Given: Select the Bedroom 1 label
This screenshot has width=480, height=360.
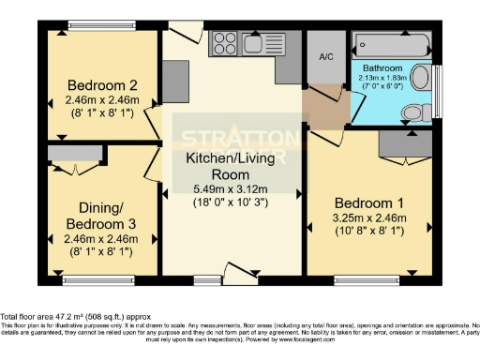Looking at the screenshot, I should [368, 202].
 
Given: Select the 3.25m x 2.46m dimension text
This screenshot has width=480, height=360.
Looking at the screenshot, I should [368, 217].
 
